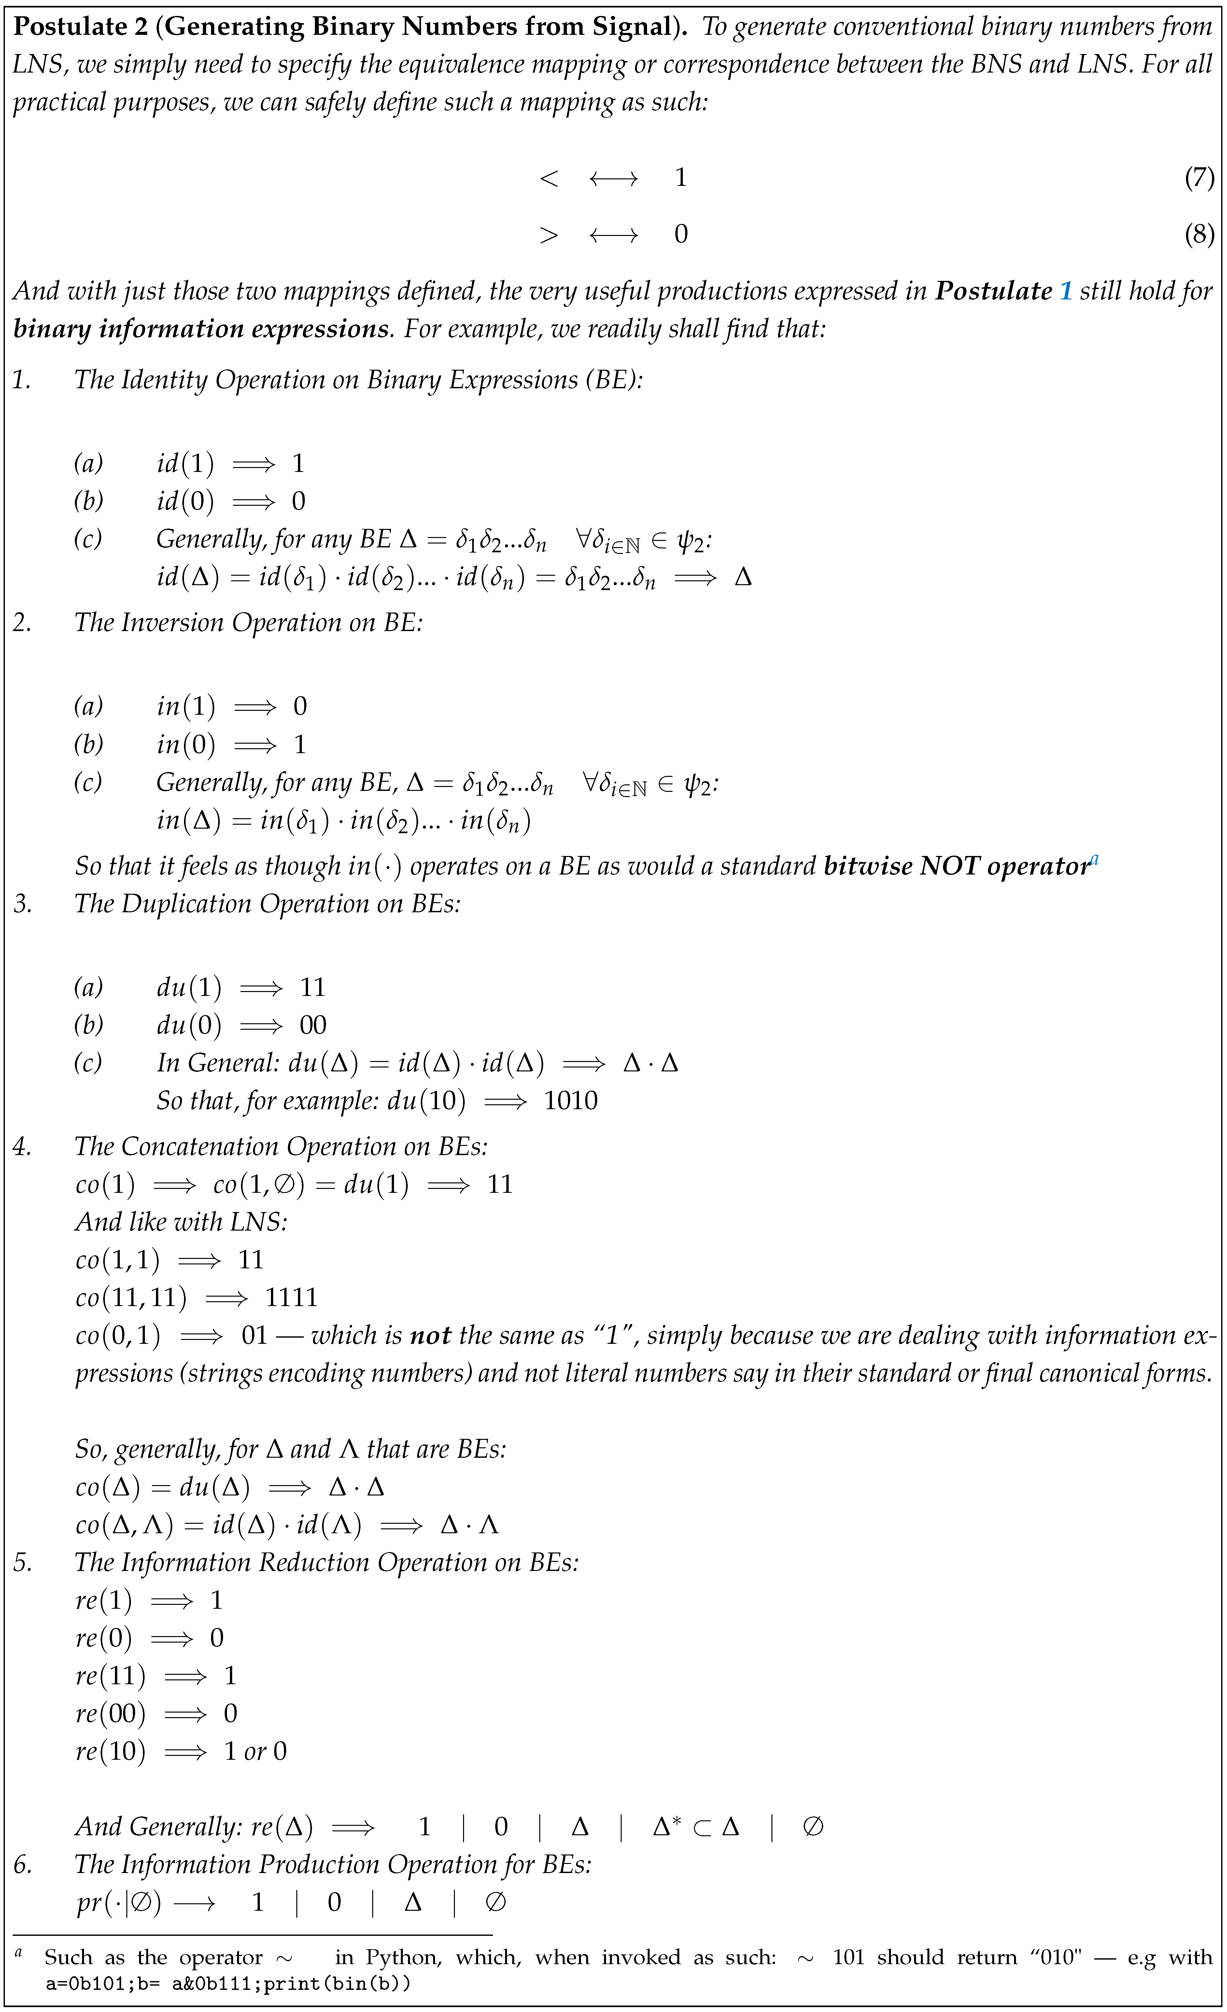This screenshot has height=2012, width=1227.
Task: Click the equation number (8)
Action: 1198,234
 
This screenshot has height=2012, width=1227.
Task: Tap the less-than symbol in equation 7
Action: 549,178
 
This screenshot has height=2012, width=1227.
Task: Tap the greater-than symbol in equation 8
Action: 549,235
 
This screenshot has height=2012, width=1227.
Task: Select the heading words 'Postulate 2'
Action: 80,27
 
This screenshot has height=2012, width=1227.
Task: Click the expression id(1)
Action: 185,464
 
